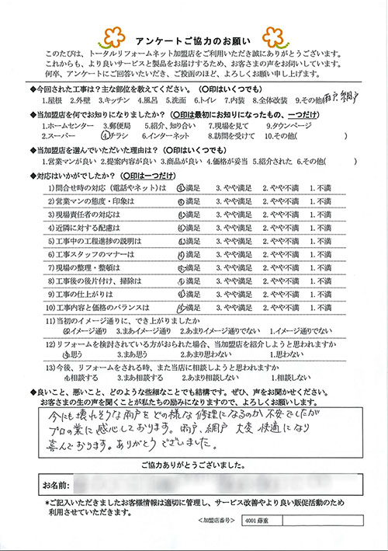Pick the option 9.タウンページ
pyautogui.click(x=289, y=122)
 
